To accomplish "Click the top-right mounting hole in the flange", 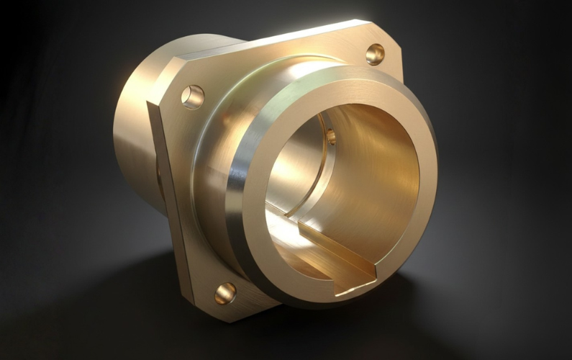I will tap(375, 54).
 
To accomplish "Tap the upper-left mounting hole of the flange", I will tap(192, 96).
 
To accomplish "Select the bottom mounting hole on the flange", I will tap(225, 293).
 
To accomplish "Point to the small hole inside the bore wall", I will tap(330, 136).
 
